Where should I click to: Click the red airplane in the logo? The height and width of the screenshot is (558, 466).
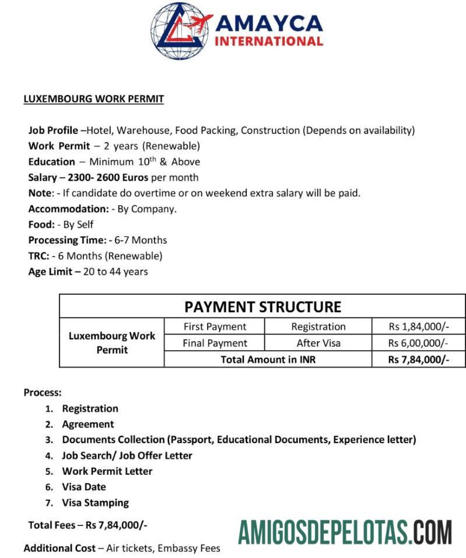coord(198,24)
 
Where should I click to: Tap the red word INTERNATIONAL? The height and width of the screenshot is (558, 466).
coord(269,41)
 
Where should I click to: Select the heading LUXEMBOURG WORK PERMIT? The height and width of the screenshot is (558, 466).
coord(93,99)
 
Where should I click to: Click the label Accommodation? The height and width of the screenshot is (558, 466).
coord(68,209)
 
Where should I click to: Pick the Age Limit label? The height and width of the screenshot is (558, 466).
coord(51,271)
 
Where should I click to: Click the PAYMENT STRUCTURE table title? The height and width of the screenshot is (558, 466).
coord(262,306)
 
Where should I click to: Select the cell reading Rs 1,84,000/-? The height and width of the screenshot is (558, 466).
coord(419,327)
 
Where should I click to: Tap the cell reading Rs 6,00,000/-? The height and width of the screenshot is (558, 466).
coord(419,343)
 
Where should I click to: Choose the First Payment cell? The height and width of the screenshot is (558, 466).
coord(215,327)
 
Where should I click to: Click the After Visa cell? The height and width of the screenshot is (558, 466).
coord(318,343)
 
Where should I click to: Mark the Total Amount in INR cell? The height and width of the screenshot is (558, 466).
coord(268,359)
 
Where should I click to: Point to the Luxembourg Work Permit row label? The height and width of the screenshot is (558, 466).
coord(112,343)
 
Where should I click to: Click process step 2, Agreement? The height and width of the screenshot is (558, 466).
coord(88,424)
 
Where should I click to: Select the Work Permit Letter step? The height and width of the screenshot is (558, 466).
coord(107,471)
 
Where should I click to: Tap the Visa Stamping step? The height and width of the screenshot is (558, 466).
coord(96,502)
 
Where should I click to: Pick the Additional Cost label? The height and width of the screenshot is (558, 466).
coord(59,548)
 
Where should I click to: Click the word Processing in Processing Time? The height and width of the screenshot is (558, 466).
coord(52,240)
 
